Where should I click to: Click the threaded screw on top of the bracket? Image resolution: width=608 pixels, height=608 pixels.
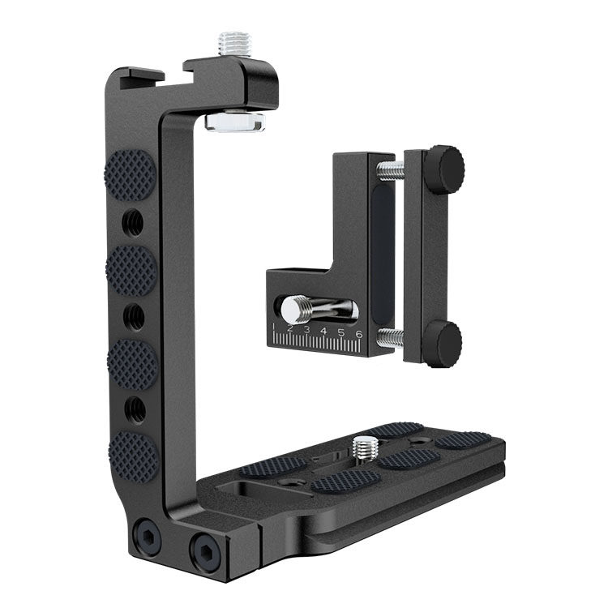click(x=234, y=44)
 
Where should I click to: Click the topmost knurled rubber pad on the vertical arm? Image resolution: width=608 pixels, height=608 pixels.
click(x=130, y=174)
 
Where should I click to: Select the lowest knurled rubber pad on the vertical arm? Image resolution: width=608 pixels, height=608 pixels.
click(x=133, y=456)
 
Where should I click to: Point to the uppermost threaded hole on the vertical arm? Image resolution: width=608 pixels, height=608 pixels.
click(x=133, y=223)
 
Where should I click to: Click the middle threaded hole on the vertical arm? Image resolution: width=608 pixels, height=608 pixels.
click(x=134, y=317)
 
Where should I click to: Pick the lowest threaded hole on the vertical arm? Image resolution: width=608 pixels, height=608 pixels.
click(x=135, y=409)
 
